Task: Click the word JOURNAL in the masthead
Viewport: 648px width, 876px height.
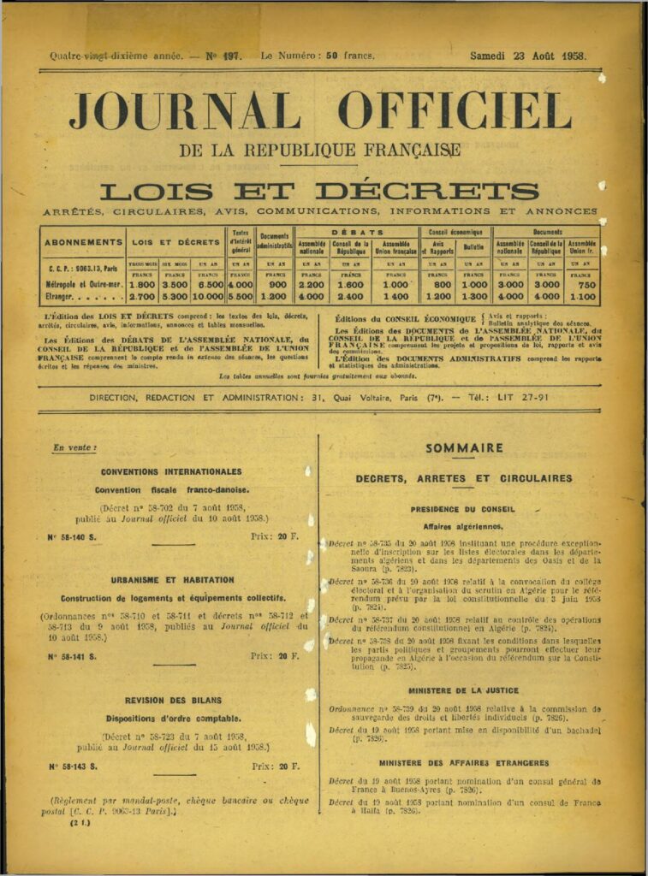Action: pos(184,112)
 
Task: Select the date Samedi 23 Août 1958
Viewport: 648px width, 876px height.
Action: pos(527,56)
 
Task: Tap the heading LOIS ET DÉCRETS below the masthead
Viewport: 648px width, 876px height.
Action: pos(319,191)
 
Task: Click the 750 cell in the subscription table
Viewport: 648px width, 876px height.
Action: pos(582,284)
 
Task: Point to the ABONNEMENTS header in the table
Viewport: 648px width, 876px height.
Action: pos(84,242)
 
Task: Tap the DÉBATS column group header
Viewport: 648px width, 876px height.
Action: pos(357,232)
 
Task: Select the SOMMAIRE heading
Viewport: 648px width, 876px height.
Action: pos(464,447)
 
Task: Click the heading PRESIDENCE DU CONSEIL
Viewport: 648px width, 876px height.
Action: pos(463,509)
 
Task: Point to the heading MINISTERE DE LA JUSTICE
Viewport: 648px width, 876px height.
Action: pos(463,690)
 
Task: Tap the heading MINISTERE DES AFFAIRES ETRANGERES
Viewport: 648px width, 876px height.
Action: pos(463,762)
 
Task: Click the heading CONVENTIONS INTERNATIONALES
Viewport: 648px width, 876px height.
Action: pos(171,471)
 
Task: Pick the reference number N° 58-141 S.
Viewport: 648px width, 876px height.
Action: pos(72,656)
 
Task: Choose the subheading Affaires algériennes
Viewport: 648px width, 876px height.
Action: pos(463,526)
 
